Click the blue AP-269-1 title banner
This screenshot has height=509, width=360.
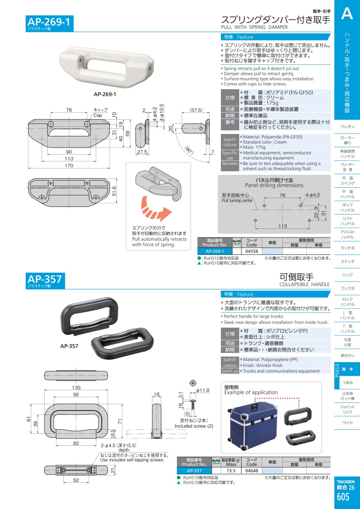pyautogui.click(x=50, y=24)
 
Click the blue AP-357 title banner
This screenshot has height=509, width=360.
pyautogui.click(x=45, y=281)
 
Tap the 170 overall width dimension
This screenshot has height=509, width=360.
pyautogui.click(x=69, y=165)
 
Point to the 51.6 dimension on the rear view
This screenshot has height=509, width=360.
pyautogui.click(x=114, y=191)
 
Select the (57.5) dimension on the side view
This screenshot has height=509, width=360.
pyautogui.click(x=196, y=110)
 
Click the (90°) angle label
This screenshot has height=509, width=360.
pyautogui.click(x=189, y=150)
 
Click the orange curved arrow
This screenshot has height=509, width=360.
pyautogui.click(x=155, y=209)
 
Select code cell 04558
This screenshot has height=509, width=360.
pyautogui.click(x=252, y=251)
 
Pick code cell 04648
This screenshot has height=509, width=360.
pyautogui.click(x=252, y=471)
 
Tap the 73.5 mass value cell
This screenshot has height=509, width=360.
pyautogui.click(x=231, y=471)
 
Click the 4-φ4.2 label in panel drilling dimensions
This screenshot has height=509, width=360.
pyautogui.click(x=312, y=195)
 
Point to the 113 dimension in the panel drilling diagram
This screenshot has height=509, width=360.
pyautogui.click(x=282, y=226)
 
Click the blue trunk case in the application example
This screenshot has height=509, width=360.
pyautogui.click(x=252, y=427)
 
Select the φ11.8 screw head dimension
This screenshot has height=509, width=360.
pyautogui.click(x=202, y=391)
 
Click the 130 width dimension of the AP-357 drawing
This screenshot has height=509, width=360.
pyautogui.click(x=76, y=387)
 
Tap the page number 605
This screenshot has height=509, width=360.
pyautogui.click(x=343, y=497)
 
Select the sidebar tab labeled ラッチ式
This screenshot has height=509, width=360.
pyautogui.click(x=347, y=248)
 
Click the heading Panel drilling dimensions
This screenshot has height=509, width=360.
pyautogui.click(x=274, y=185)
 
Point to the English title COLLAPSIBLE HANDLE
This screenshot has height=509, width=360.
pyautogui.click(x=304, y=284)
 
